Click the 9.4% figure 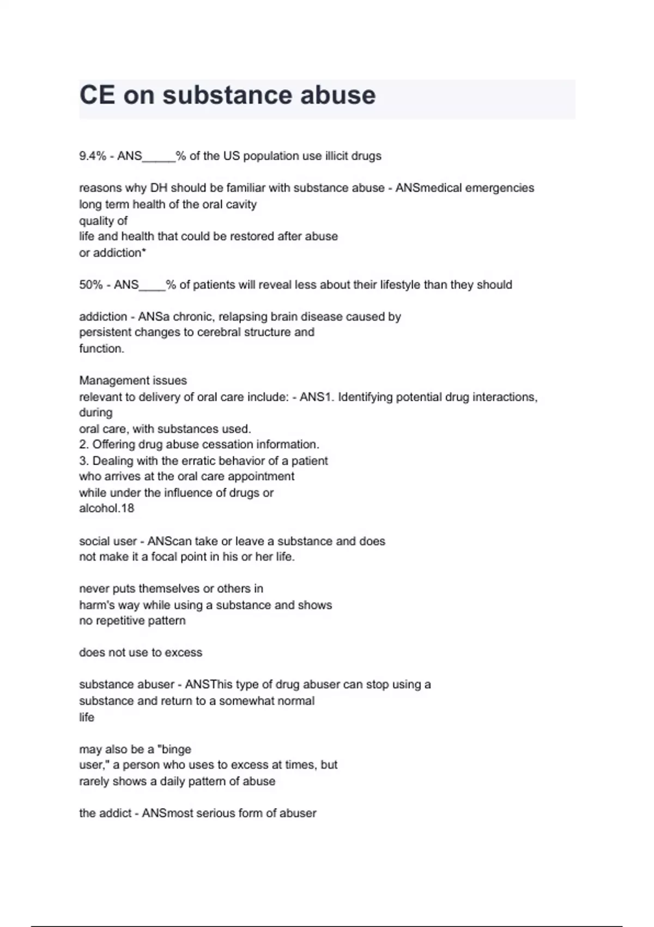[x=93, y=156]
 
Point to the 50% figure [x=91, y=285]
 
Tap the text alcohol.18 [x=107, y=508]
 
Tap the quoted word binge [x=174, y=749]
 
